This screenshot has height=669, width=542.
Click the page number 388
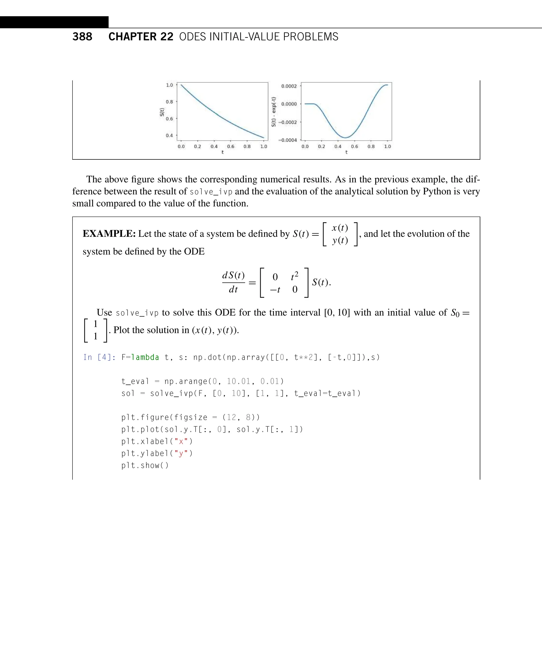(x=82, y=37)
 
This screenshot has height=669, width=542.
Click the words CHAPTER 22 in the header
(x=141, y=37)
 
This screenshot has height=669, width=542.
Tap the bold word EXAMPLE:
(x=109, y=234)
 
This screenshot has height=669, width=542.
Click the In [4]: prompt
(x=99, y=357)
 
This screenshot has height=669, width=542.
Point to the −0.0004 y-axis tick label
(x=288, y=140)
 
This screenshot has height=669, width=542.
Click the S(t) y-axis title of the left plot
(x=162, y=112)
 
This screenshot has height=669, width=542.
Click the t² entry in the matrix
(x=294, y=276)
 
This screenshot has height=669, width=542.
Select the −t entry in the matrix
(x=275, y=290)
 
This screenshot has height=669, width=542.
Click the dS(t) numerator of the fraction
(x=233, y=275)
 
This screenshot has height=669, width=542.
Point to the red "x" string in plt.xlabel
(x=181, y=441)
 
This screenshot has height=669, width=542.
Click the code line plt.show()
(x=145, y=465)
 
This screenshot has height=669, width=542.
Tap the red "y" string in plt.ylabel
(x=181, y=453)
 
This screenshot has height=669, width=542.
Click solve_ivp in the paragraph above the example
(x=211, y=191)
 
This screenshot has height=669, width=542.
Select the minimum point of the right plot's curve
(x=345, y=137)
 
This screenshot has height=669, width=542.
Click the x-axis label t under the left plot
(x=222, y=152)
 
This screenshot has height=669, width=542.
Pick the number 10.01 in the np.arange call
(x=238, y=381)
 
